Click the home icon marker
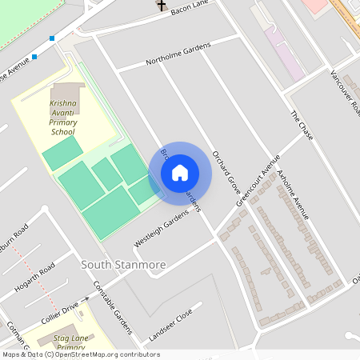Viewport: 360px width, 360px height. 180,172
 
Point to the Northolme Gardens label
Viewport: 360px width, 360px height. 178,54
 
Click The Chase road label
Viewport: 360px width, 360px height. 302,125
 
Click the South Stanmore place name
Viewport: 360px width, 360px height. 124,264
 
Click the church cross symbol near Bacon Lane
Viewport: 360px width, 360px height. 161,6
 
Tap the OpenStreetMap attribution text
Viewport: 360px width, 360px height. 81,354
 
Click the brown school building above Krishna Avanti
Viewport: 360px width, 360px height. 65,91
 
